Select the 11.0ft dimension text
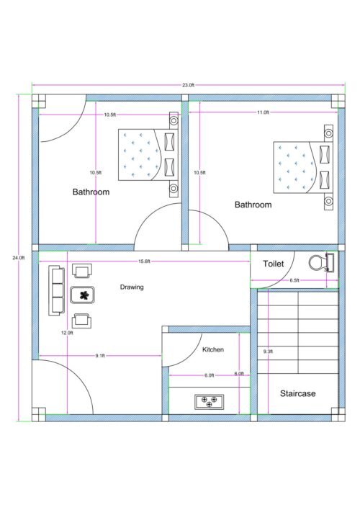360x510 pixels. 264,112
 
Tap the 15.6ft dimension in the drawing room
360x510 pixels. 143,261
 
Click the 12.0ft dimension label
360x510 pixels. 67,333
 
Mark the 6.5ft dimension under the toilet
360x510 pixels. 294,280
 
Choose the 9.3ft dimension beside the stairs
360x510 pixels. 268,352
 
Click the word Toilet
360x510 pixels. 274,264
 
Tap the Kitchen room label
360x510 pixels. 212,349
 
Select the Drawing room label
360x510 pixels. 132,287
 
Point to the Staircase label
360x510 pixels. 297,393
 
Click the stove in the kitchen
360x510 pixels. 209,401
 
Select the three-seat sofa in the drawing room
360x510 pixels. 55,291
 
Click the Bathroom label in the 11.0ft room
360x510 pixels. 253,205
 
